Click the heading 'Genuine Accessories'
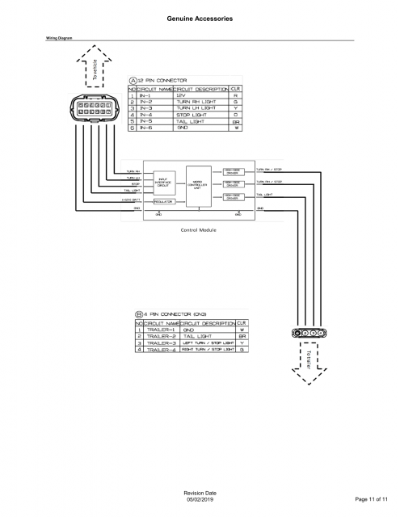(x=200, y=18)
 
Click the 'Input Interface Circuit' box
(x=163, y=183)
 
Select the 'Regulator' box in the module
(x=164, y=200)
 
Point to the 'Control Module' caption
(x=199, y=228)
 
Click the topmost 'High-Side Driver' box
(x=232, y=170)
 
